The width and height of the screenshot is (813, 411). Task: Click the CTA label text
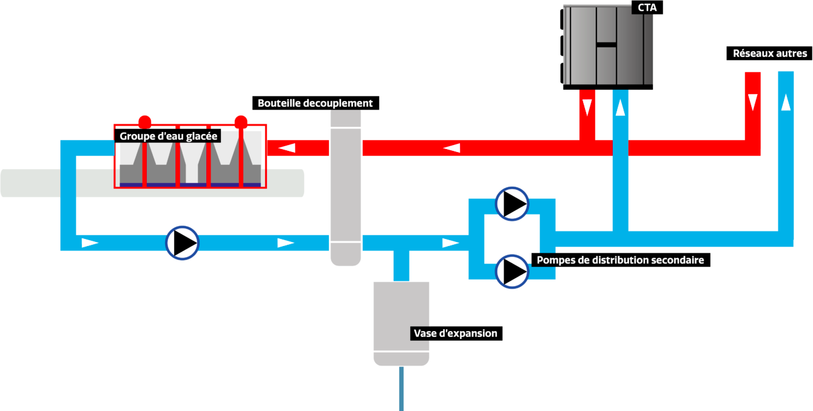(x=647, y=8)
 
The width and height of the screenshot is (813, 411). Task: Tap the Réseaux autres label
(x=770, y=53)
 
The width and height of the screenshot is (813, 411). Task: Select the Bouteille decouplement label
(x=315, y=103)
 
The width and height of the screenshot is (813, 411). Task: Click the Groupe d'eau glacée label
(x=168, y=136)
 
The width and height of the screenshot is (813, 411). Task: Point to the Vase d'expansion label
(x=455, y=333)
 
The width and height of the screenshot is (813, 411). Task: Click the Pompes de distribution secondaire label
(x=620, y=260)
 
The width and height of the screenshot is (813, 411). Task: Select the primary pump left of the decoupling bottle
(x=182, y=243)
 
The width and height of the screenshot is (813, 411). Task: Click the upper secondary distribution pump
(x=512, y=204)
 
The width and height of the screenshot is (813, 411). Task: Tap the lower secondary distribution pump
(x=512, y=271)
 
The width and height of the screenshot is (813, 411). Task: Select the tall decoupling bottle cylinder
(x=345, y=188)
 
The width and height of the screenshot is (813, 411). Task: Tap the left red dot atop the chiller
(x=144, y=121)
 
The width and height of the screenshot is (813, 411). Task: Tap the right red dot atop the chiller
(x=241, y=121)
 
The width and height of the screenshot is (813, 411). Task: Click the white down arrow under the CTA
(x=587, y=107)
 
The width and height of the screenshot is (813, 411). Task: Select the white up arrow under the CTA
(x=620, y=107)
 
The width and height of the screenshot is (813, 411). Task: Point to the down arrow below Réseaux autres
(x=753, y=101)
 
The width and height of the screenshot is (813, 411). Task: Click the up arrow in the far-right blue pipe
(x=786, y=101)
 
